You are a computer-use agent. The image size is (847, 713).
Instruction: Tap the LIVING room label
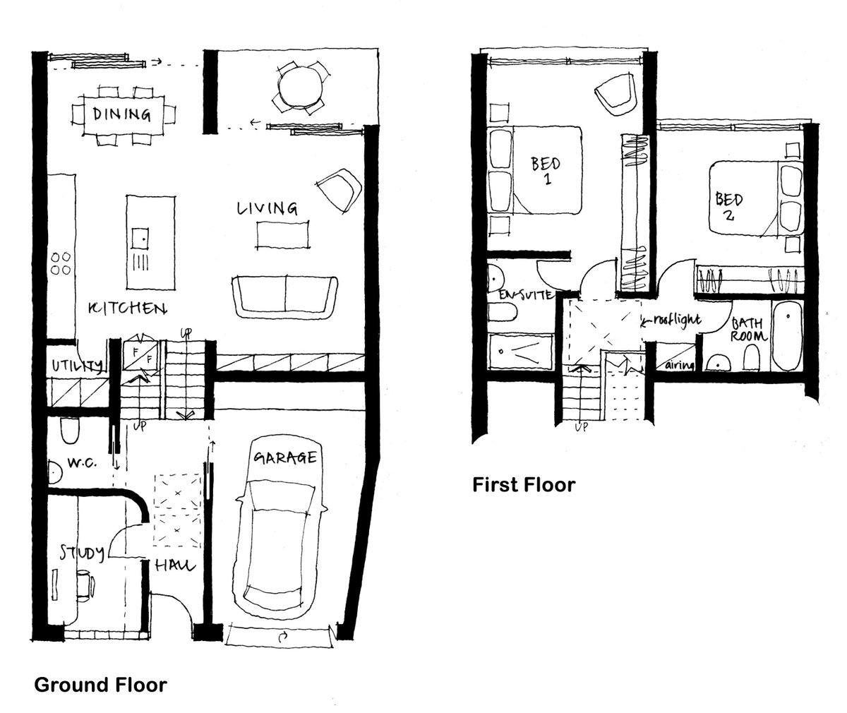coord(267,208)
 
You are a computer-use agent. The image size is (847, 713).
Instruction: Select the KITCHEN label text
coord(127,308)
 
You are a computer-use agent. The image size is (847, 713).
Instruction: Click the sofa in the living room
coord(284,296)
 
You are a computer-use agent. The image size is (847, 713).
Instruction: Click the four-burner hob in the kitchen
coord(60,263)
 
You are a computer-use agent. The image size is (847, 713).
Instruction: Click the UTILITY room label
coord(76,366)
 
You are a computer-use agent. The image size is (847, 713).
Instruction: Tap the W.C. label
coord(82,463)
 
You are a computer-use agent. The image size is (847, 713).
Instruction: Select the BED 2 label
coord(728,205)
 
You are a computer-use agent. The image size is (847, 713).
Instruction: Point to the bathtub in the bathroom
coord(786,337)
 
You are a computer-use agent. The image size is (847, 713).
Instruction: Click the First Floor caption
coord(524,485)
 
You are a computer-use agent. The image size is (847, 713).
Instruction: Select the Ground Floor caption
coord(100,684)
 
